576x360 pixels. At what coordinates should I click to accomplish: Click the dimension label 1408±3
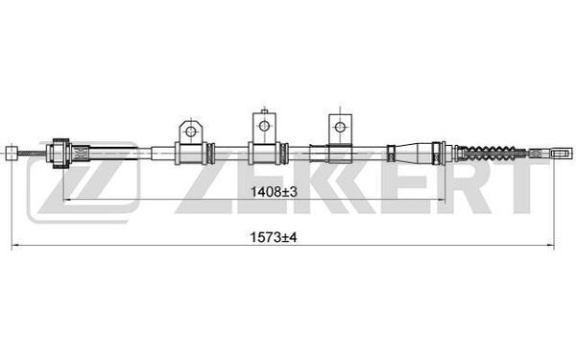pyautogui.click(x=274, y=192)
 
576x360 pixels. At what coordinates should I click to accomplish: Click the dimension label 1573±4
pyautogui.click(x=273, y=237)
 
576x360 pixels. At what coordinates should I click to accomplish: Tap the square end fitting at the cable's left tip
pyautogui.click(x=12, y=154)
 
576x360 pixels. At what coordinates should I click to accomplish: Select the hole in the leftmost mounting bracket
pyautogui.click(x=191, y=132)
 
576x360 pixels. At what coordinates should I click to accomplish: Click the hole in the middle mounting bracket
pyautogui.click(x=264, y=126)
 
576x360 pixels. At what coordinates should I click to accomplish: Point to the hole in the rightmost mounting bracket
pyautogui.click(x=340, y=127)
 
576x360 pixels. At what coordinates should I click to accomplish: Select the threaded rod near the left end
pyautogui.click(x=32, y=154)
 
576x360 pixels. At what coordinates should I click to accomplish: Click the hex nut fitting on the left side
pyautogui.click(x=61, y=154)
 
